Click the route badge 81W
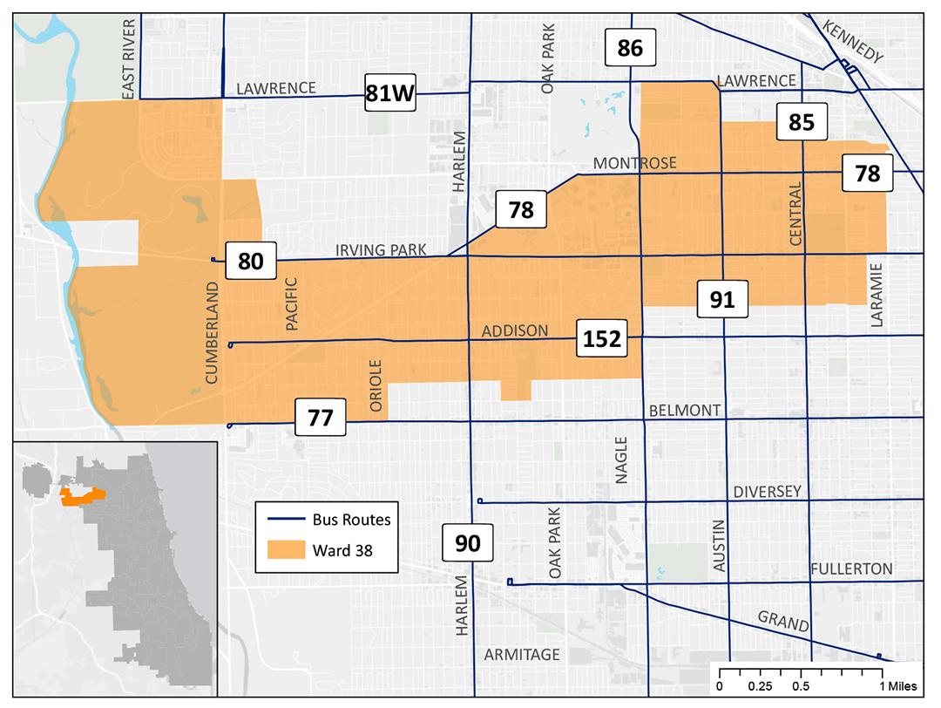390,93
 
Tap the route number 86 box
630,48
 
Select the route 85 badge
802,122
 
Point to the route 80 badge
251,261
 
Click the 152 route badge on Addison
602,339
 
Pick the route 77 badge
321,418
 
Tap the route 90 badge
468,543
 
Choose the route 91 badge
722,300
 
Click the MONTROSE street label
634,164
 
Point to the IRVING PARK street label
382,250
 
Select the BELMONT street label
685,411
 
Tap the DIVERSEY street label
767,492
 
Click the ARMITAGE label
522,655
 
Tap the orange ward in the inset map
80,496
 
